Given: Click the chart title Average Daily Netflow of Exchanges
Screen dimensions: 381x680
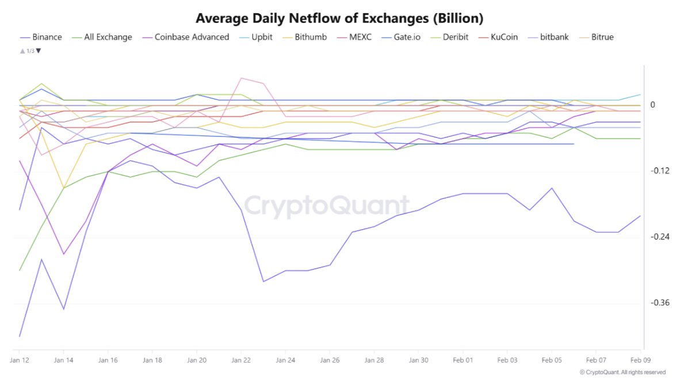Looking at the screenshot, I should tap(339, 18).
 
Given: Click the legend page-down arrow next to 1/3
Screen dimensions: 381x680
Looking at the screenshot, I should tap(39, 51).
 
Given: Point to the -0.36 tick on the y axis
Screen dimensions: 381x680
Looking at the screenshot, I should tap(658, 303).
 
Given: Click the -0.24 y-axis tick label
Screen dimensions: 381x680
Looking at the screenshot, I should tap(658, 237).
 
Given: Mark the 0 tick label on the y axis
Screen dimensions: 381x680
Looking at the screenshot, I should tap(653, 105).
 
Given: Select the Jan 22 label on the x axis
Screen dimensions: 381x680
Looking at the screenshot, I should tap(241, 360).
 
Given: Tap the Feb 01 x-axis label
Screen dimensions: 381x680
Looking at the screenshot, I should tap(463, 360).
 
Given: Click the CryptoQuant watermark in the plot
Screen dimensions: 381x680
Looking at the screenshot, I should tap(327, 205).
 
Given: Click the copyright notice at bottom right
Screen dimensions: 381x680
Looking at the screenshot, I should tap(622, 372).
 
